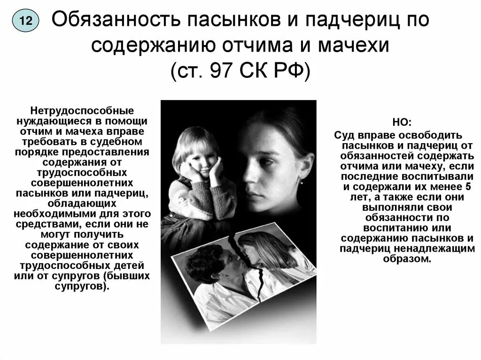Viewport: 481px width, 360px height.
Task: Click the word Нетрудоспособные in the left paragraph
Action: coord(82,111)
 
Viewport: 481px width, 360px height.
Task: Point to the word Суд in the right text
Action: coord(343,135)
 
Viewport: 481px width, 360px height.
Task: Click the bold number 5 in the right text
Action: coord(468,186)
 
